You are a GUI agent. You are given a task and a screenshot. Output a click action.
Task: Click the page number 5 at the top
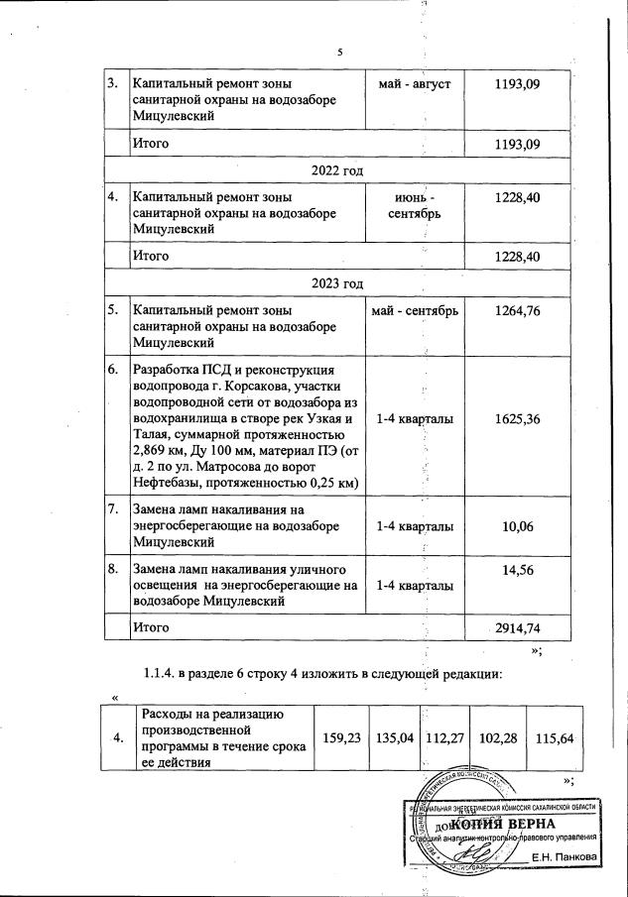338,52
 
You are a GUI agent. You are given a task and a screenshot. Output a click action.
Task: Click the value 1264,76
516,312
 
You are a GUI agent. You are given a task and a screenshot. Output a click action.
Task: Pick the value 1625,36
516,419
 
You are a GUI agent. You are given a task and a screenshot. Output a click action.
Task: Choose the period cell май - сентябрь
415,312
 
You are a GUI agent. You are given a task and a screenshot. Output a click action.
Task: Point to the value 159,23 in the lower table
341,737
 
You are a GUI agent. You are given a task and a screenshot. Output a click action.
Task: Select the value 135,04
394,737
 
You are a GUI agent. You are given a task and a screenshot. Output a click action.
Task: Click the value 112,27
444,737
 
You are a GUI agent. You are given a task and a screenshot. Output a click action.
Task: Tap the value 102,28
497,737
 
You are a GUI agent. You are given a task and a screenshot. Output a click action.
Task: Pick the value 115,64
554,737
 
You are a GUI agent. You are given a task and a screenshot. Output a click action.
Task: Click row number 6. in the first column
113,370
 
